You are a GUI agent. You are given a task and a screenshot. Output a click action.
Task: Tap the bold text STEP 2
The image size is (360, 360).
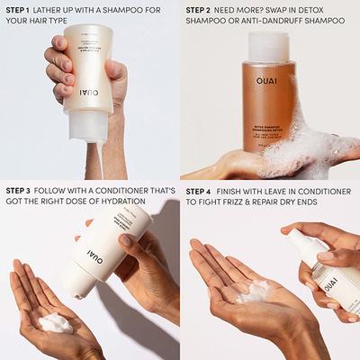click(201, 11)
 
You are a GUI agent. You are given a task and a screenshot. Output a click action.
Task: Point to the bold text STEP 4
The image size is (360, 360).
click(201, 191)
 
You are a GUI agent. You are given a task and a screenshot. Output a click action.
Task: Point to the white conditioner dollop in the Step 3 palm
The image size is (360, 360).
click(56, 322)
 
